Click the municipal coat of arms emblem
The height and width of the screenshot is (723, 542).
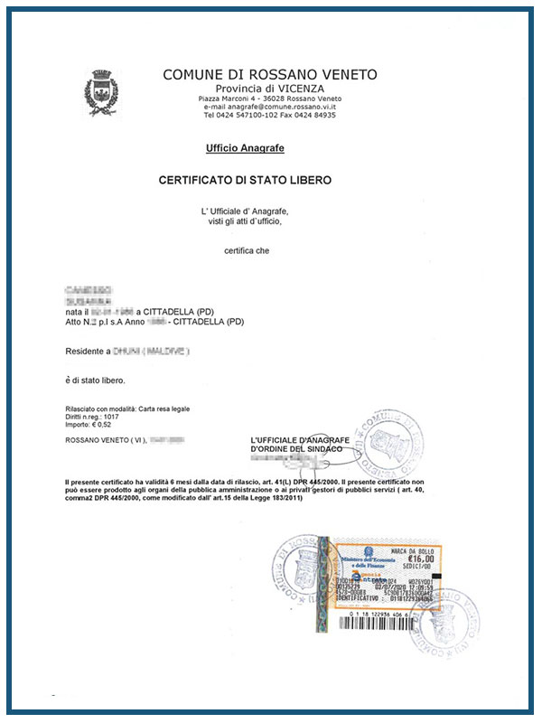pyautogui.click(x=102, y=93)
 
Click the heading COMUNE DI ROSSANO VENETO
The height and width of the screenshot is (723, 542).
pyautogui.click(x=270, y=74)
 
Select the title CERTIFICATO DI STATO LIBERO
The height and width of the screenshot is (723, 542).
pyautogui.click(x=245, y=181)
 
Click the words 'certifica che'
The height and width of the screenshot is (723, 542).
pyautogui.click(x=246, y=250)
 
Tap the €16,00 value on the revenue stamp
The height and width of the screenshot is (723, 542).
pyautogui.click(x=416, y=559)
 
